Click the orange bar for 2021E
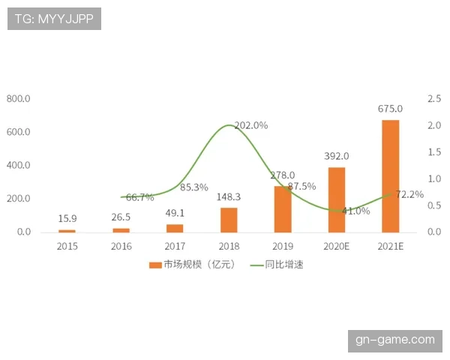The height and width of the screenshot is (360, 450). coord(390,176)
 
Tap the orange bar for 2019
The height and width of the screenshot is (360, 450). coord(283,209)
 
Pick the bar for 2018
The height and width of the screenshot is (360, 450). coord(229,220)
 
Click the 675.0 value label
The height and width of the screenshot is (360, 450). coord(390,109)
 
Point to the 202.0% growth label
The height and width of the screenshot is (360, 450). coord(250,126)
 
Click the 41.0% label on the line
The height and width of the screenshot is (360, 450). coord(355,211)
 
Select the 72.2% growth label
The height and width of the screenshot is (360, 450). coord(409,194)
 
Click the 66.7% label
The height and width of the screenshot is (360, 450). coord(139,197)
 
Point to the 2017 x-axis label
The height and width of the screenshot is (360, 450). coord(175,246)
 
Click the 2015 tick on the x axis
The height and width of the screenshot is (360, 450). coord(67,246)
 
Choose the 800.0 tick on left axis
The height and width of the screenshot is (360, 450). coord(18,99)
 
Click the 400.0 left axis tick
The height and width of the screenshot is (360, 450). coord(18,165)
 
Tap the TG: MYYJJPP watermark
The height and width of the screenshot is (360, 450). coord(54,19)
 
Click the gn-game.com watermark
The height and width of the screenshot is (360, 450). coord(395,340)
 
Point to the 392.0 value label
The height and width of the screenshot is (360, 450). coord(337,156)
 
